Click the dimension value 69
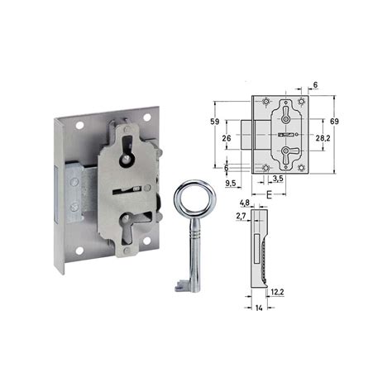click(334, 122)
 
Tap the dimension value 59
click(215, 122)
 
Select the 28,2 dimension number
click(323, 138)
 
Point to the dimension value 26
click(227, 138)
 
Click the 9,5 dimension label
click(231, 183)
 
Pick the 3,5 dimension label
click(278, 179)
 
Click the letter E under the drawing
click(270, 195)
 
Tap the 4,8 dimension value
click(245, 203)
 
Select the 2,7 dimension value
click(241, 217)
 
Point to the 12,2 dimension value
click(277, 292)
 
